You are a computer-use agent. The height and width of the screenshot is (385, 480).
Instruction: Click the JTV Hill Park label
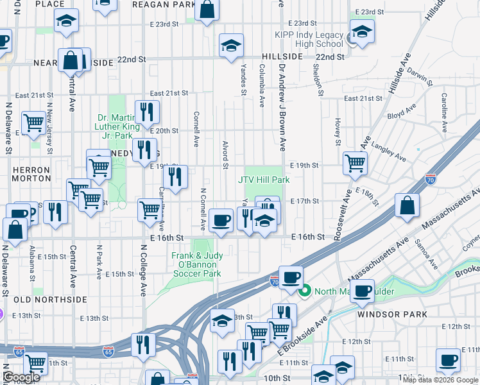264,180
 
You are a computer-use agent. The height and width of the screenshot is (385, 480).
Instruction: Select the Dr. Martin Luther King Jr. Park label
123,126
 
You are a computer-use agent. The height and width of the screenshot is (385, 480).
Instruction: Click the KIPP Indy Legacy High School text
309,38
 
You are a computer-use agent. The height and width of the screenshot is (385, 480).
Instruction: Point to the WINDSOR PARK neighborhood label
384,315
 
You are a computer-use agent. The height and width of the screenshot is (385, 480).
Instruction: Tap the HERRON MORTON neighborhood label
30,175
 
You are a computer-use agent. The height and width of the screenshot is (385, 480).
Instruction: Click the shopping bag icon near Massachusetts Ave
407,206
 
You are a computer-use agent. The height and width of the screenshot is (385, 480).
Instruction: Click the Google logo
21,378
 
